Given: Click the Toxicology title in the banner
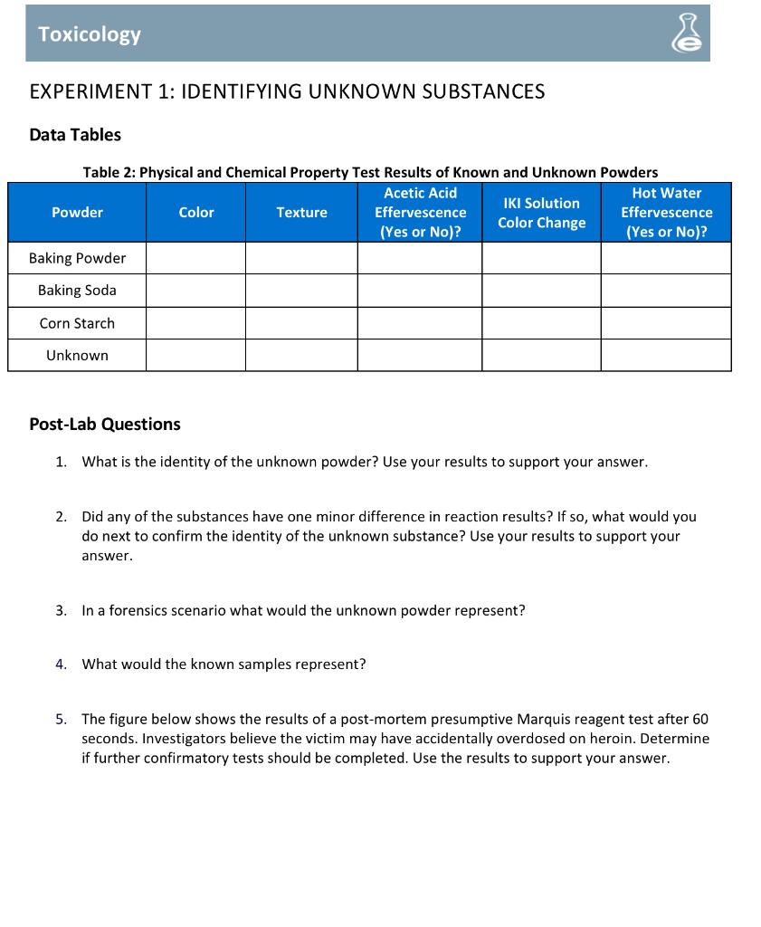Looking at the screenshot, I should (90, 34).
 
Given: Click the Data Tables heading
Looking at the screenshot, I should (75, 135).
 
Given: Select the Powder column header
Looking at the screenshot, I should (77, 213).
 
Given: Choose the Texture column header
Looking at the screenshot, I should (301, 213).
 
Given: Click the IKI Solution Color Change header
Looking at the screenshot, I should (541, 213).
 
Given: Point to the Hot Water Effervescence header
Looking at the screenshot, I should (666, 213).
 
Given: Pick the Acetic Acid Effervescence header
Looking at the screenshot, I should (420, 213).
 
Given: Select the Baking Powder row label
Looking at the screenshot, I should (77, 259).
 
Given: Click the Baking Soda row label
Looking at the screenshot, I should (77, 291).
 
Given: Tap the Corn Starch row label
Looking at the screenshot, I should (77, 323).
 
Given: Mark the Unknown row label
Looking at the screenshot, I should (77, 356).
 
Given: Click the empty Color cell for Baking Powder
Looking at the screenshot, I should (195, 259).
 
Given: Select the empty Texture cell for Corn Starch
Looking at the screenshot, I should (301, 323).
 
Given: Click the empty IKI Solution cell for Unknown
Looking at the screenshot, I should (541, 356).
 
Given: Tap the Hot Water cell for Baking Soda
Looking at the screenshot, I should (666, 291).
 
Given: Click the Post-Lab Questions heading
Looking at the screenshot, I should (105, 425).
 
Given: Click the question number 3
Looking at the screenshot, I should (60, 611).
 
